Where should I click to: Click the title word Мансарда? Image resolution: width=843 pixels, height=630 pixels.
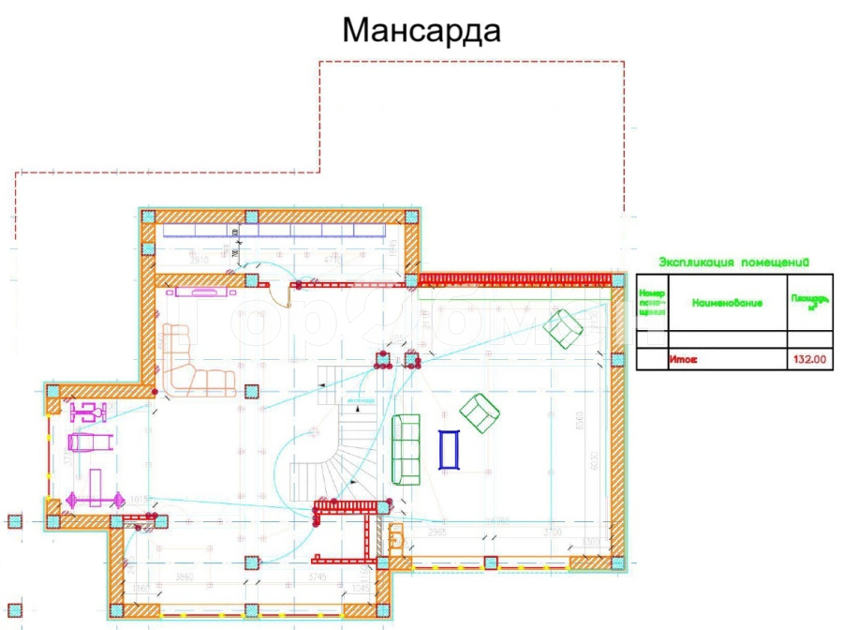pos(421,30)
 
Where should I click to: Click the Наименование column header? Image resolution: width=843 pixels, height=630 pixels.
pos(727,303)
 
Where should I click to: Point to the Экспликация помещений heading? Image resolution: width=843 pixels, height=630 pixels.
pos(733,262)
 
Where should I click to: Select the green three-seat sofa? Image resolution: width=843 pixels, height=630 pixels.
pos(407,449)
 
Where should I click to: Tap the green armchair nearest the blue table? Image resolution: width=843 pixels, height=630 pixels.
pos(480,412)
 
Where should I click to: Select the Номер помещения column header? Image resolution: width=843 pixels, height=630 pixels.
pos(652,302)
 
